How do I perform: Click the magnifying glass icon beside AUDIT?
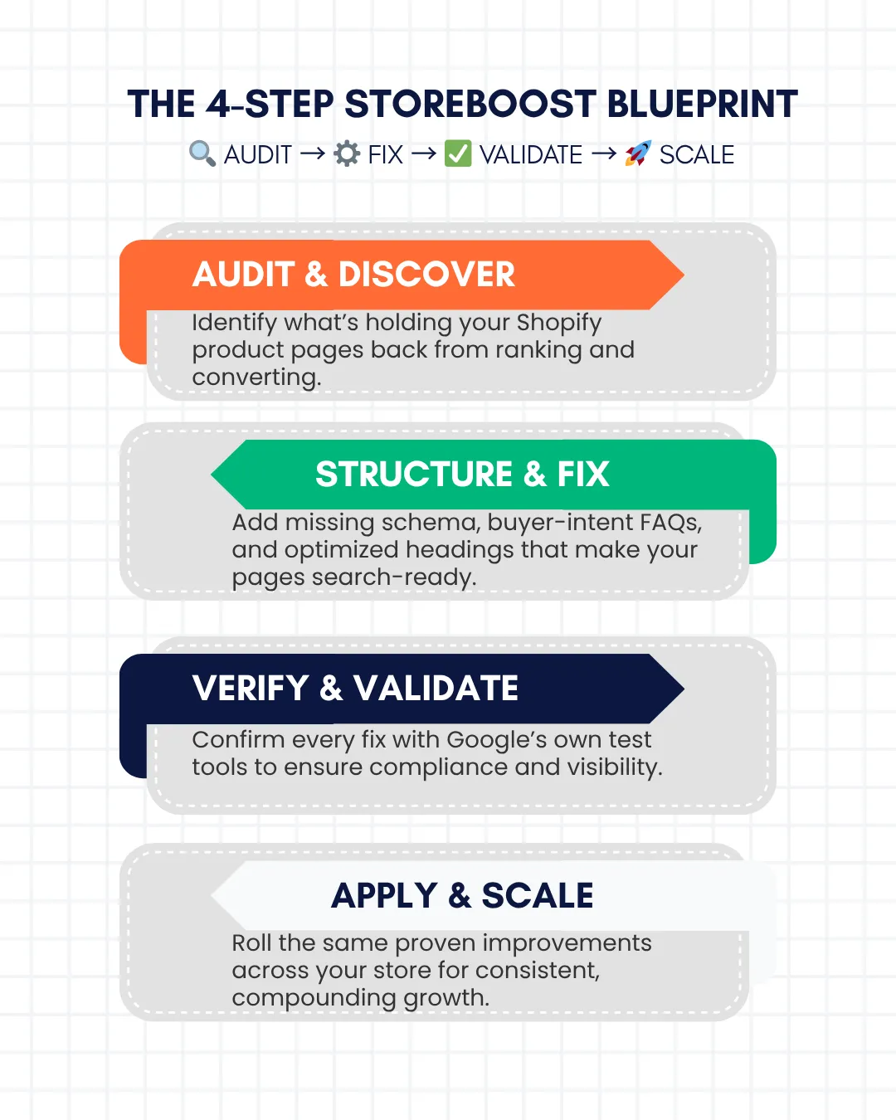[x=202, y=154]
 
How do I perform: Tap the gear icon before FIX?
[x=347, y=154]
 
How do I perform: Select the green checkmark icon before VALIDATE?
[x=458, y=154]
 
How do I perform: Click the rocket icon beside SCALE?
[x=638, y=153]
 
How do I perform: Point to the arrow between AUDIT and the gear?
[x=313, y=154]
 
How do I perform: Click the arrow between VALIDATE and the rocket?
[x=604, y=154]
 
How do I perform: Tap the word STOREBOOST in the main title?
[x=470, y=104]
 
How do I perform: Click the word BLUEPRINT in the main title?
[x=703, y=104]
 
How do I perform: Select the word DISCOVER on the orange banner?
[x=426, y=274]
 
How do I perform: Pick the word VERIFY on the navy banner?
[x=251, y=688]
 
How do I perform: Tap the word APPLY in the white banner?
[x=384, y=895]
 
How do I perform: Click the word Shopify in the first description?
[x=558, y=324]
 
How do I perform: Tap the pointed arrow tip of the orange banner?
[x=684, y=275]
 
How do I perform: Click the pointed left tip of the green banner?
[x=212, y=474]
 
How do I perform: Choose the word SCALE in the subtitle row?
[x=697, y=154]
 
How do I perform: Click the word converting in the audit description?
[x=256, y=377]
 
